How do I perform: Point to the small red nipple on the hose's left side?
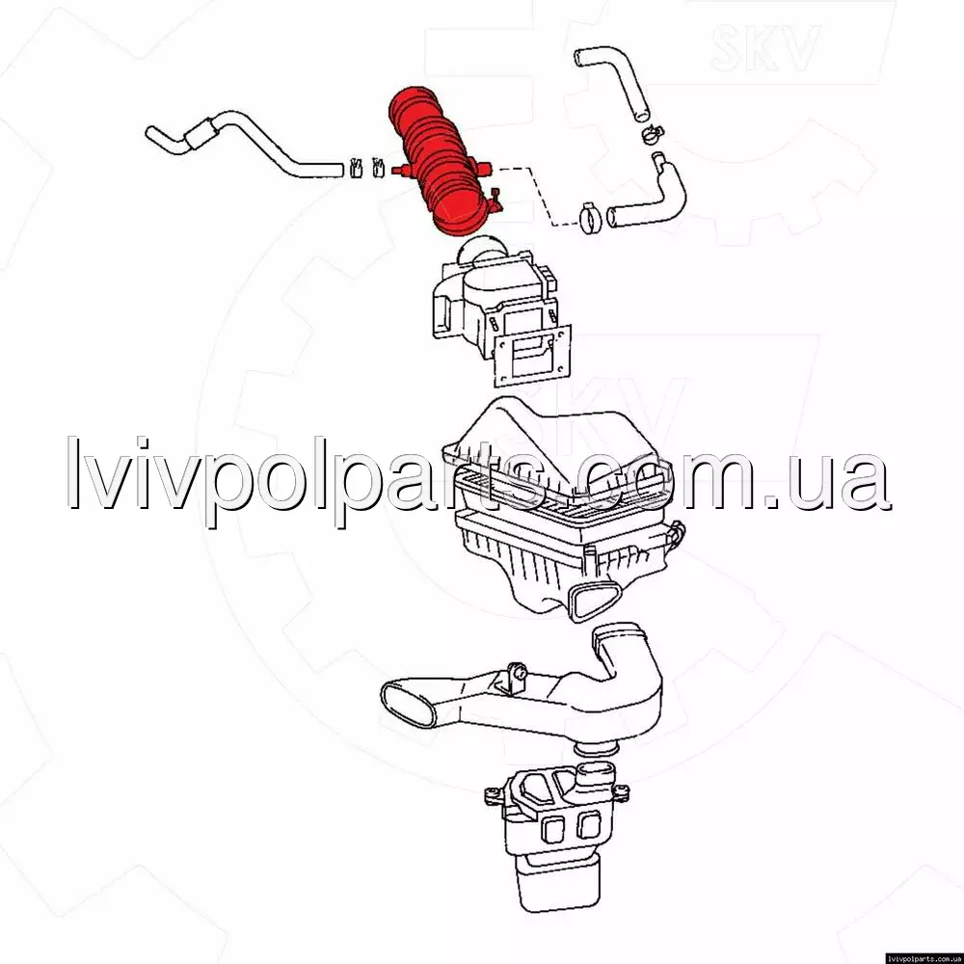coord(399,171)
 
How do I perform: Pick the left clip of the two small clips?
coord(356,167)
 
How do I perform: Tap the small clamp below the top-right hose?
coord(653,133)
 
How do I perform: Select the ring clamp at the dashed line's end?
coord(591,218)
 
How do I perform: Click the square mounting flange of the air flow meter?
coord(532,356)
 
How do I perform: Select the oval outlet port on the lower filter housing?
coord(593,600)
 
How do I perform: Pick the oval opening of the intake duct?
coord(408,703)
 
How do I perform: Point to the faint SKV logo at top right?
coord(764,48)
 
